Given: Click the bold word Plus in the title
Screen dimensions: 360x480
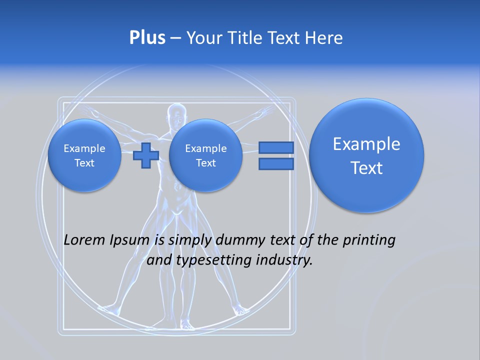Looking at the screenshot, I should click(147, 38).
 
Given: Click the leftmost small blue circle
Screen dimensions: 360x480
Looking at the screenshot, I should click(84, 155).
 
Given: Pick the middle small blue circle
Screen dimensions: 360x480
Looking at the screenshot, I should click(205, 155).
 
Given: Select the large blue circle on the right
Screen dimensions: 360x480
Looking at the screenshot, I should click(366, 155).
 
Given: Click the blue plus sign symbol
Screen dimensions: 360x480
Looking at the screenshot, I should click(146, 155).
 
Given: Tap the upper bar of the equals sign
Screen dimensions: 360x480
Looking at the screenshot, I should click(276, 147).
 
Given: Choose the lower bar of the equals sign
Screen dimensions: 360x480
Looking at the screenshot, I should click(276, 164).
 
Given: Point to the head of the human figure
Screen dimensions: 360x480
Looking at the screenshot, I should click(176, 116).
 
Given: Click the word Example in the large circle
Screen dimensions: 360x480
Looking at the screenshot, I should click(366, 144).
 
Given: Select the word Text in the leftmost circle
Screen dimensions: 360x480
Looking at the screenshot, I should click(84, 163).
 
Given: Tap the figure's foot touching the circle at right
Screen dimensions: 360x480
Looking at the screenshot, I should click(241, 310).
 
